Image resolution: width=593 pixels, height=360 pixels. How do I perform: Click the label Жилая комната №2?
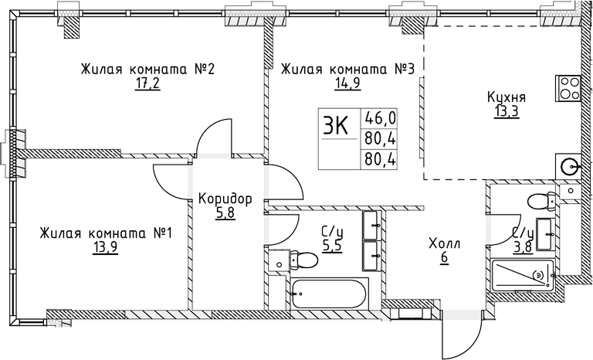[147, 69]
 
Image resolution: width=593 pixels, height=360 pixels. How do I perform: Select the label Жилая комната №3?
[349, 69]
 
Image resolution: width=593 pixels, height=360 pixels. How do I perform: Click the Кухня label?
[507, 98]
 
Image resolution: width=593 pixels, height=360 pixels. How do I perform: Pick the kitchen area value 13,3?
[507, 112]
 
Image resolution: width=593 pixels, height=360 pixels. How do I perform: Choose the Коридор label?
[225, 199]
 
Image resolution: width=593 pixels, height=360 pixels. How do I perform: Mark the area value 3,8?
[522, 247]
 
